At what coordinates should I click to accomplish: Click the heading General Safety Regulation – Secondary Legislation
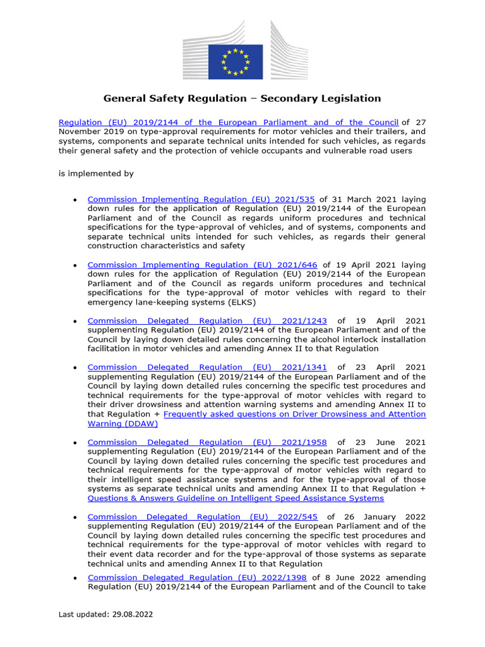pos(242,98)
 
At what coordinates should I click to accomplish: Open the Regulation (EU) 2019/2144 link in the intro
pos(228,123)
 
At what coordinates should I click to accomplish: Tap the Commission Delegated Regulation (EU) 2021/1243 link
pos(207,320)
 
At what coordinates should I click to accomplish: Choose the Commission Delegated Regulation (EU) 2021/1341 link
pos(207,367)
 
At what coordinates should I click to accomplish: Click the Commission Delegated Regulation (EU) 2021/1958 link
pos(207,442)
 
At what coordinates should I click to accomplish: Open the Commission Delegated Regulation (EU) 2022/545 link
pos(203,517)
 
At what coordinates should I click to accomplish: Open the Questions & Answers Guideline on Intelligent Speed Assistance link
pos(236,498)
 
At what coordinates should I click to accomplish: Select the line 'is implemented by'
pos(96,173)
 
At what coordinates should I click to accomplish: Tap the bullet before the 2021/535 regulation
pos(75,200)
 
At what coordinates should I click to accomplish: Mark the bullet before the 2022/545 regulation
pos(75,517)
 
